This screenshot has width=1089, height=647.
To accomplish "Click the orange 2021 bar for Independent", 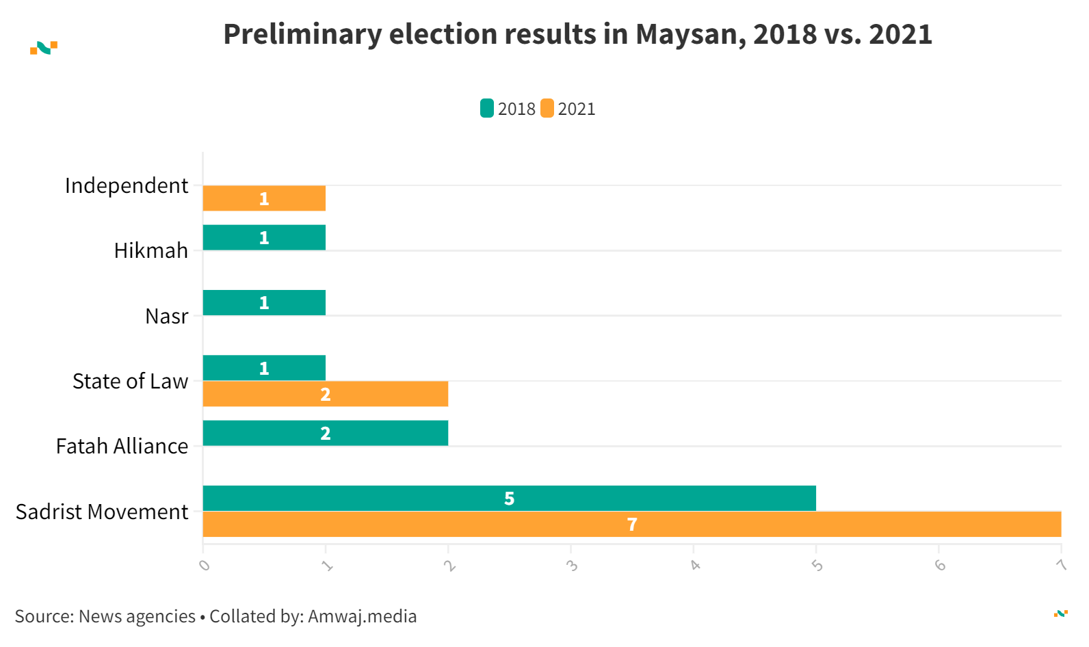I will click(264, 198).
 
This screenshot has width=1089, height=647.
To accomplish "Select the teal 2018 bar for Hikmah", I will click(264, 237).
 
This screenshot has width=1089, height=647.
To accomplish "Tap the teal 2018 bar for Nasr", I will click(264, 302).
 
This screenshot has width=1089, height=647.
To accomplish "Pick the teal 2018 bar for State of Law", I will click(264, 368).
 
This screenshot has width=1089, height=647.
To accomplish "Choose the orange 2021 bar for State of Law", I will click(326, 394).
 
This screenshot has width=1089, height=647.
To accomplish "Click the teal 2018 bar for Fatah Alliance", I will click(326, 433).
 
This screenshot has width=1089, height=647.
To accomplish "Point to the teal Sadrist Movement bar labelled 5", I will click(509, 498).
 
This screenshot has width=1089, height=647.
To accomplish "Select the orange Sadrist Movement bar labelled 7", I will click(631, 524).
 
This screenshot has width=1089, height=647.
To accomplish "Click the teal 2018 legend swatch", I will click(487, 108).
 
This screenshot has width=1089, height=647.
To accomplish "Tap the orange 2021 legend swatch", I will click(547, 108).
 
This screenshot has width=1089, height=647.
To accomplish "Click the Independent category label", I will click(127, 185).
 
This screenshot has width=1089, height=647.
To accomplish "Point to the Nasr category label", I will click(166, 316).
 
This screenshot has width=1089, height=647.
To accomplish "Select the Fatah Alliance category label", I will click(122, 446).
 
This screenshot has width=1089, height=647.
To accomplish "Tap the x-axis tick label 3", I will click(572, 566).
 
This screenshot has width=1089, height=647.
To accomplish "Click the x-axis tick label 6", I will click(940, 566).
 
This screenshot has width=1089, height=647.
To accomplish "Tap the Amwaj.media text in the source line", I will click(362, 616).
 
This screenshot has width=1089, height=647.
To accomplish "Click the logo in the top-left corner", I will click(44, 48).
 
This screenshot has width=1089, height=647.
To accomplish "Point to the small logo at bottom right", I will click(1061, 613).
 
